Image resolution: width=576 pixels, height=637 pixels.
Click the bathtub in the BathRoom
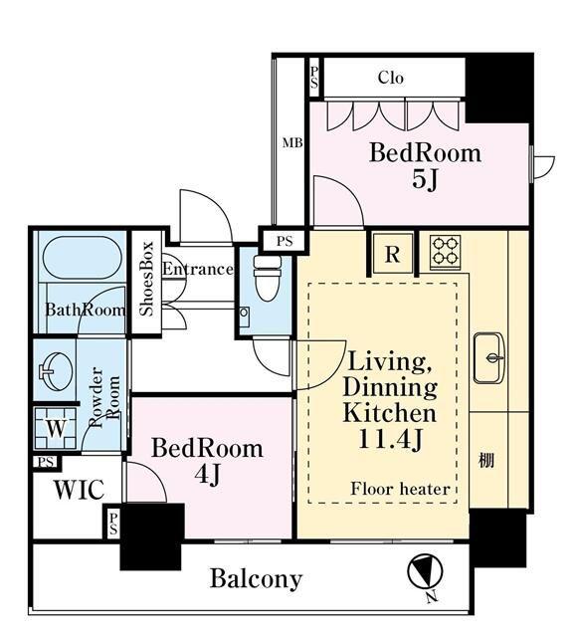(82, 257)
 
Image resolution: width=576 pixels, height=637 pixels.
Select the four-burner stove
(446, 252)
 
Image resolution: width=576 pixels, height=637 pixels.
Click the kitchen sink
(488, 358)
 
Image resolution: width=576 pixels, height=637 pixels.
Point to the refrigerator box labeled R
(393, 254)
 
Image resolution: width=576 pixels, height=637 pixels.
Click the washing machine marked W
(55, 428)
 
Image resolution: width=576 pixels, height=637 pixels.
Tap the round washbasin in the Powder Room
(56, 370)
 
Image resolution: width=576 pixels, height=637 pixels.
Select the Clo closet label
(391, 78)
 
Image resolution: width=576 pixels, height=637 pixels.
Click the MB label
(292, 143)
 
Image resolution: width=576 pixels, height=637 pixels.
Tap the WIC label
(79, 490)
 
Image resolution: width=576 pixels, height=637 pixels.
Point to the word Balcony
(256, 578)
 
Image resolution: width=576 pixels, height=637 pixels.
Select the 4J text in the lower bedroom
(208, 474)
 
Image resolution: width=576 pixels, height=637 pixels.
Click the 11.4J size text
(390, 439)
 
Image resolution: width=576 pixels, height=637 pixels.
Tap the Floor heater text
(400, 489)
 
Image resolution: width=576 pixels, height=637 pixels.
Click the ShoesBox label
(146, 279)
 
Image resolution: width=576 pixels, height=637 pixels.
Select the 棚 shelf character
(486, 460)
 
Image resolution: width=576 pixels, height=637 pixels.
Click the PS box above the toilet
(285, 241)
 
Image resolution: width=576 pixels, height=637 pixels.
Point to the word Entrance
(198, 269)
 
